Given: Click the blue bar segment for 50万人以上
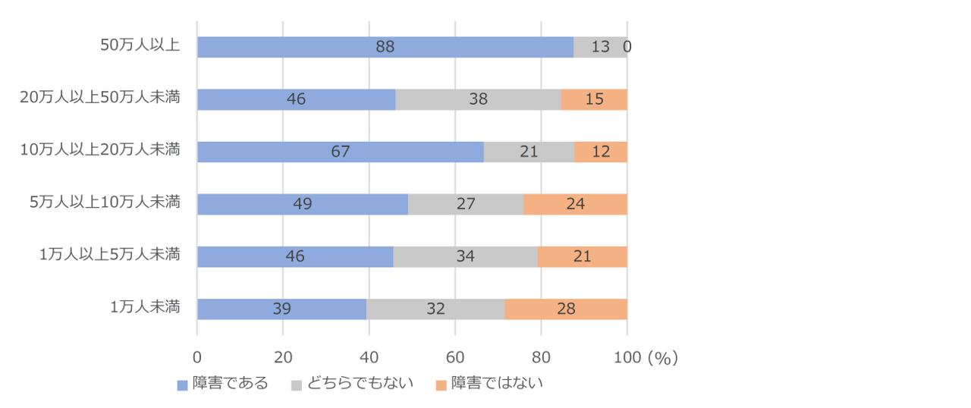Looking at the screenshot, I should pyautogui.click(x=385, y=47).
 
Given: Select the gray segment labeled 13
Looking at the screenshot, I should pyautogui.click(x=600, y=47).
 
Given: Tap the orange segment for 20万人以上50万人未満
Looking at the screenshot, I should pyautogui.click(x=594, y=99).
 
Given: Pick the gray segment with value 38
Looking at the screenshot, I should pyautogui.click(x=478, y=99).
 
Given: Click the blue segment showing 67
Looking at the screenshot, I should pyautogui.click(x=340, y=152).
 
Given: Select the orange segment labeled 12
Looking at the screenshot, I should pyautogui.click(x=601, y=152).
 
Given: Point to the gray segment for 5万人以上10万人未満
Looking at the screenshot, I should pyautogui.click(x=466, y=204).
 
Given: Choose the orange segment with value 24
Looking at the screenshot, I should pyautogui.click(x=575, y=204).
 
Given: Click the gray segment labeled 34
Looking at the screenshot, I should pyautogui.click(x=465, y=256).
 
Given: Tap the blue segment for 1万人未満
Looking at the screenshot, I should pyautogui.click(x=281, y=309).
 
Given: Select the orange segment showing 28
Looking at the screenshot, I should pyautogui.click(x=566, y=309).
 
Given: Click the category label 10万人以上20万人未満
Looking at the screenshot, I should pyautogui.click(x=100, y=149).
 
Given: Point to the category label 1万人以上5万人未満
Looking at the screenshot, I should pyautogui.click(x=109, y=254).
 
